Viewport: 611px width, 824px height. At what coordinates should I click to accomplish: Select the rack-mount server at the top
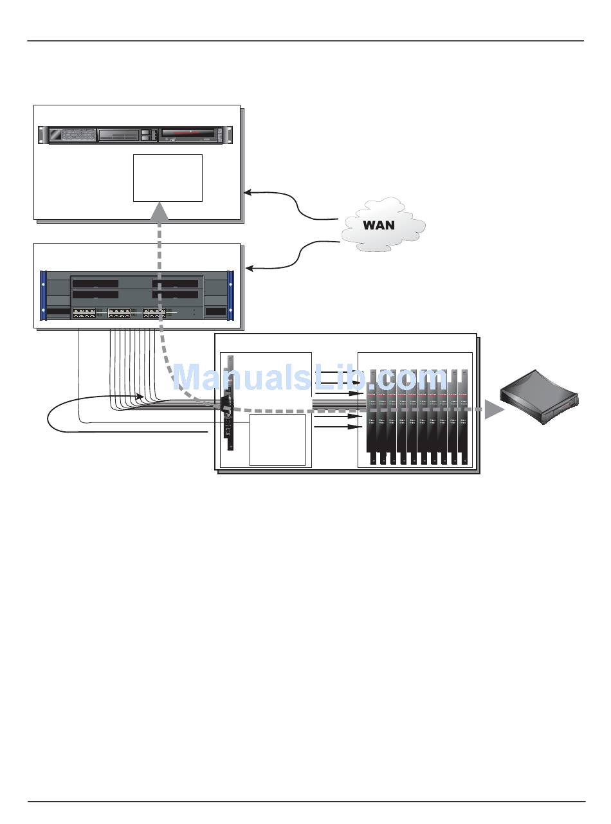(x=135, y=135)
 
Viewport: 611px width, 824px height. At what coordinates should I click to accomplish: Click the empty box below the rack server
(x=168, y=178)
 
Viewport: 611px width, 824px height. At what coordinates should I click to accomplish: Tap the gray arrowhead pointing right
(x=494, y=409)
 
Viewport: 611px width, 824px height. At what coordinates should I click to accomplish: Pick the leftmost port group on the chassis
(x=84, y=312)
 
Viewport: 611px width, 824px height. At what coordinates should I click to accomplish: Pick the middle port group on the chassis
(x=120, y=312)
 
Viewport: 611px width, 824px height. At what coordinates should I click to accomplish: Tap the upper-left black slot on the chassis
(x=95, y=283)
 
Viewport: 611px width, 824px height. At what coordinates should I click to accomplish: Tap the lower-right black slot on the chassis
(x=174, y=294)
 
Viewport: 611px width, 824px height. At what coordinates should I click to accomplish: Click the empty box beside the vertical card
(x=277, y=440)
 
